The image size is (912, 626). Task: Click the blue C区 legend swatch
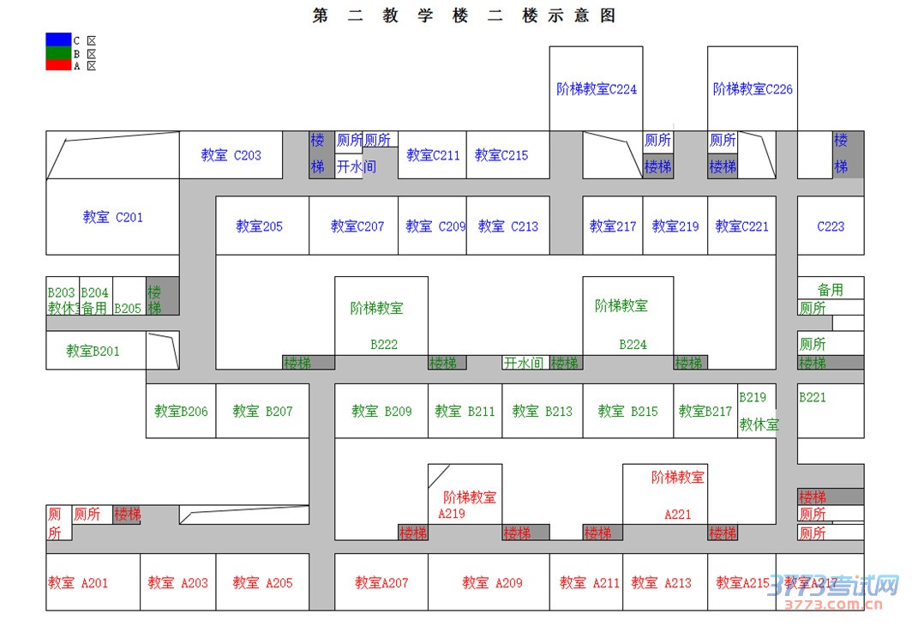pos(58,39)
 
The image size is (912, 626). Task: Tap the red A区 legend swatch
pos(58,65)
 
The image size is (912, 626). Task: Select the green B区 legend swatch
pos(58,52)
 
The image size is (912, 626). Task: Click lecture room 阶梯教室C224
pos(597,88)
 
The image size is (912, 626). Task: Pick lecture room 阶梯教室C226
pos(753,88)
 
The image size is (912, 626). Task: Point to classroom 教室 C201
pos(112,217)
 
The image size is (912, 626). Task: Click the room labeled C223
pos(831,226)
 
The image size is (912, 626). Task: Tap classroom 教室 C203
pos(231,155)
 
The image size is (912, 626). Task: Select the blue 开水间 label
pos(356,166)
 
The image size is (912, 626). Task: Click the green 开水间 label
pos(524,363)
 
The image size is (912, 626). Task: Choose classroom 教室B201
pos(93,351)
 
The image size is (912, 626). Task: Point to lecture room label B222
pos(384,345)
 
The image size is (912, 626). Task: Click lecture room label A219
pos(452,514)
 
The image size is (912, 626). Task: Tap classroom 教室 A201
pos(78,583)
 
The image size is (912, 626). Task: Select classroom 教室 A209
pos(492,583)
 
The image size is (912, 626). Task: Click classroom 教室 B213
pos(542,412)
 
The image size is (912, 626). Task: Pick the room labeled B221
pos(813,397)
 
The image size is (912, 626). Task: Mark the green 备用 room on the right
pos(830,290)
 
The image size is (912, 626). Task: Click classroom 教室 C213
pos(508,226)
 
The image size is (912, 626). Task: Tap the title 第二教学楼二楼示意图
pos(464,16)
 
